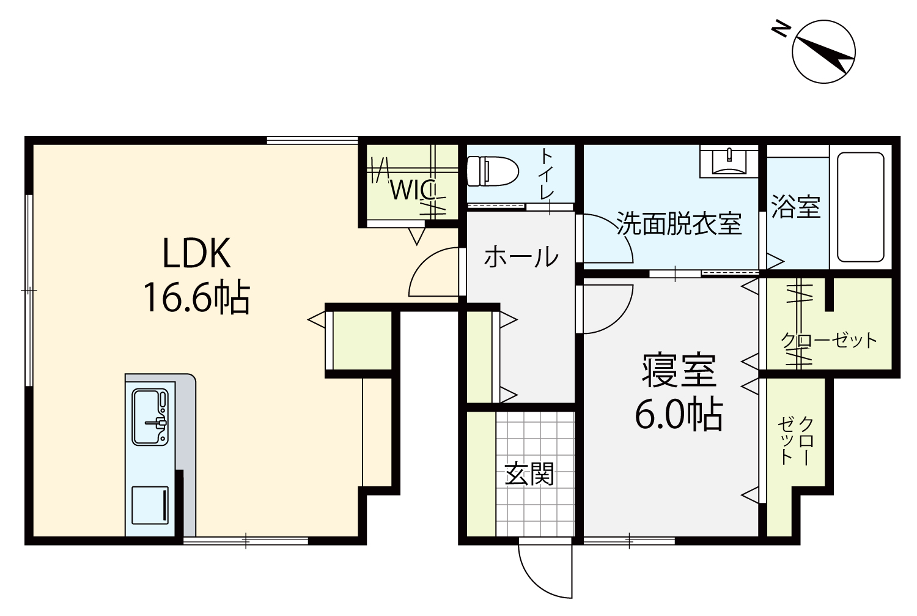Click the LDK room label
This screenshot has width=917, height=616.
(x=196, y=253)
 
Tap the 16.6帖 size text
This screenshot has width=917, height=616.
(x=196, y=297)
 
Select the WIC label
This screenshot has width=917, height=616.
(x=413, y=190)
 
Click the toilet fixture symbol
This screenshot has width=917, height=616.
(x=493, y=171)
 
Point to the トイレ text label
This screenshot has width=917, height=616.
(x=547, y=174)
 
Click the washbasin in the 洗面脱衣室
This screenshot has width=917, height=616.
(x=729, y=161)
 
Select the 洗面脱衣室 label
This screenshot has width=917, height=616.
(x=679, y=223)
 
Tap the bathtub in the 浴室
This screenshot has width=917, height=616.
(x=861, y=207)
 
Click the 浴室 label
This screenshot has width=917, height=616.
(x=796, y=207)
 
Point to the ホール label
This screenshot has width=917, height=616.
(x=521, y=257)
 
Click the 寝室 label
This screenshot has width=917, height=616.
(x=679, y=371)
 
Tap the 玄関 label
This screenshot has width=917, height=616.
(x=529, y=474)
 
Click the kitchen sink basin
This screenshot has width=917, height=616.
(x=150, y=417)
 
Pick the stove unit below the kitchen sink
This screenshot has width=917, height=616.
(x=150, y=505)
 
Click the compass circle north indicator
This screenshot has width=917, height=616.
(x=823, y=52)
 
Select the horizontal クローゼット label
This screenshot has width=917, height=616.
(x=829, y=340)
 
